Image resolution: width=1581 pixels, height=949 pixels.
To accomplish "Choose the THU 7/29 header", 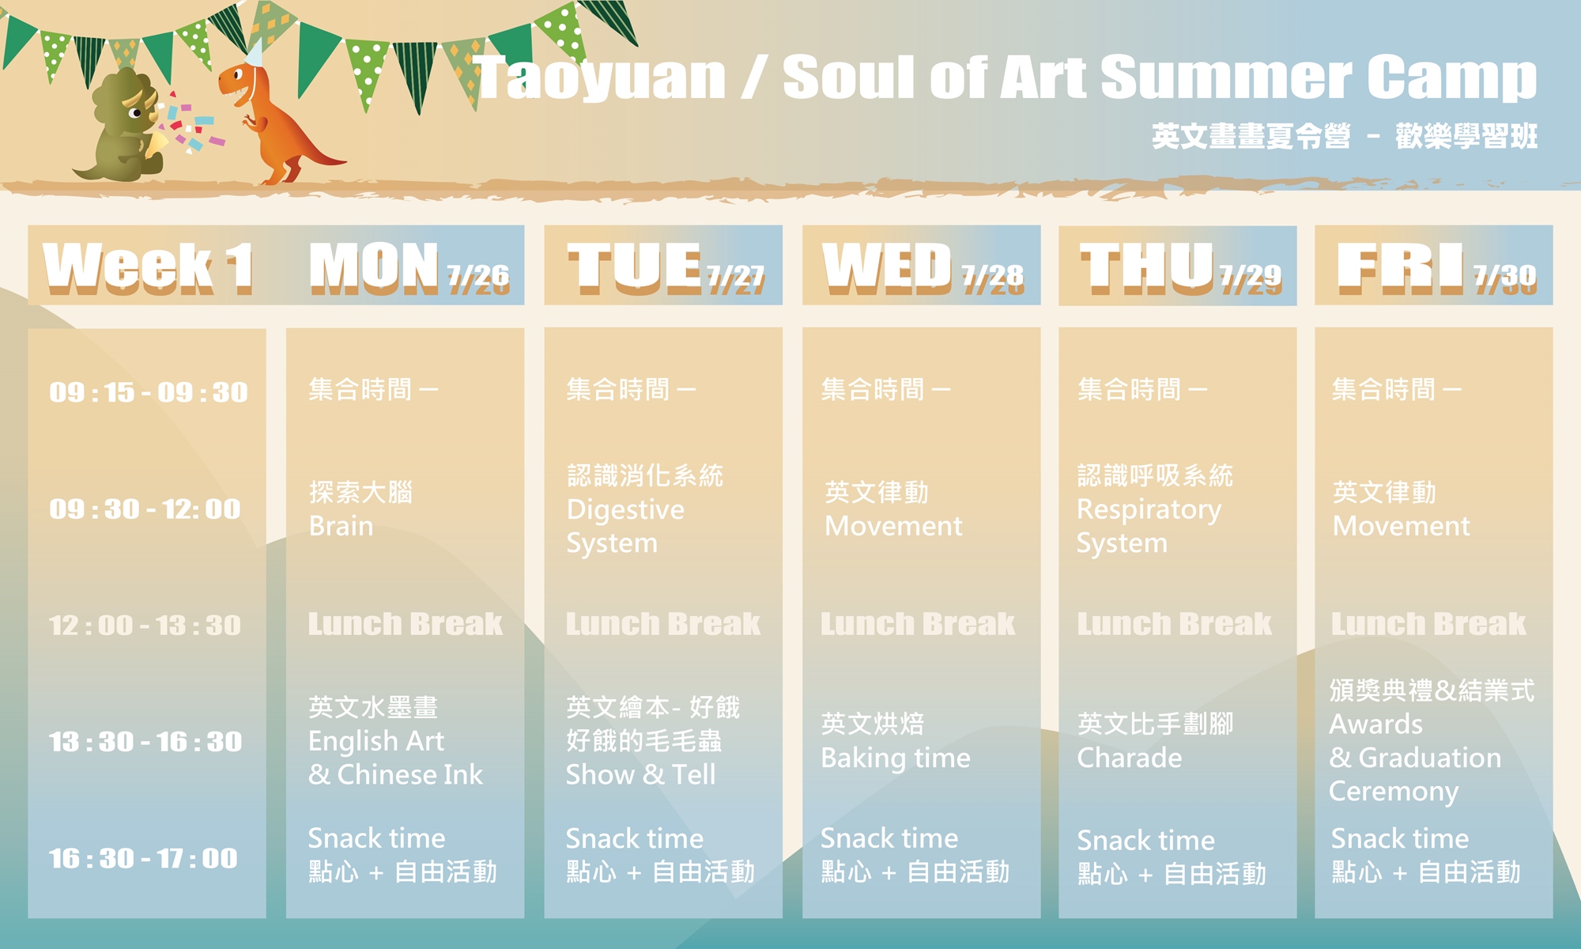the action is point(1180,267).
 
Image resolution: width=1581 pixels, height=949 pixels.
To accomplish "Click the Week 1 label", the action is point(148,267).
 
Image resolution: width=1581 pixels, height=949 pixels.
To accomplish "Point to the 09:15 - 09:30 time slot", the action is point(149,392).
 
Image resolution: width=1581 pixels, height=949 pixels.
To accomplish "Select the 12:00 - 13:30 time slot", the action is point(145,626).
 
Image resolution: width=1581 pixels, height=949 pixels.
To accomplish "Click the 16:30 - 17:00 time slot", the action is point(143,858).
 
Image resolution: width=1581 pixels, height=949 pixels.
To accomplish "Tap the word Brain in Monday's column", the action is point(341,526).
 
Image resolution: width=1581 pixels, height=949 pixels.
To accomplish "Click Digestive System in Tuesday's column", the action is point(625,526).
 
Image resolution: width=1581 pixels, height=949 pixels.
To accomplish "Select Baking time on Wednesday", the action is point(896,758).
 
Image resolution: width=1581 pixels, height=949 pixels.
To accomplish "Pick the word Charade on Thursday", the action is point(1130,758).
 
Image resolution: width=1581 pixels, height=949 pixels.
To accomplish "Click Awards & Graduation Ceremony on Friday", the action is point(1415,758).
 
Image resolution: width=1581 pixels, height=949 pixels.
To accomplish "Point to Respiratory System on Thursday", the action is point(1149,526).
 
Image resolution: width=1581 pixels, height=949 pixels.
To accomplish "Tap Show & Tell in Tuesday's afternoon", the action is point(641,774).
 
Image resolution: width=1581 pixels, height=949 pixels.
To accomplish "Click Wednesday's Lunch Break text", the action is point(918,624).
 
